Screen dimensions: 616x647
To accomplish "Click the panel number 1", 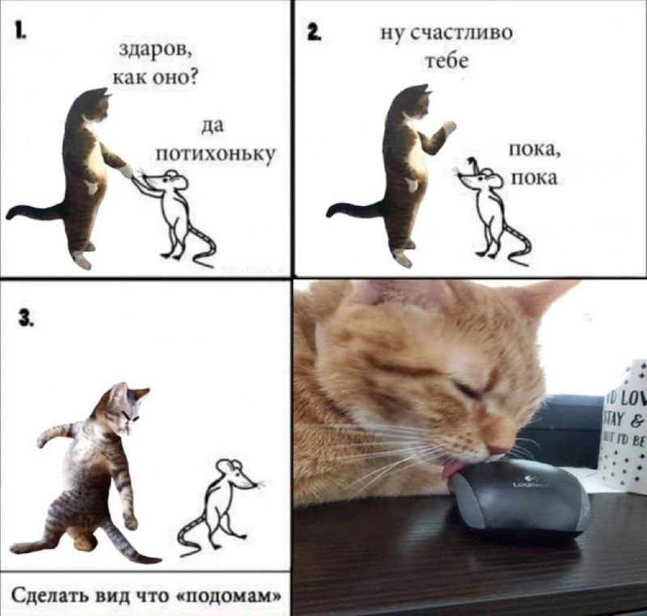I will point(19,32).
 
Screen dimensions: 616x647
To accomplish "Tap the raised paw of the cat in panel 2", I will point(448,128).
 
